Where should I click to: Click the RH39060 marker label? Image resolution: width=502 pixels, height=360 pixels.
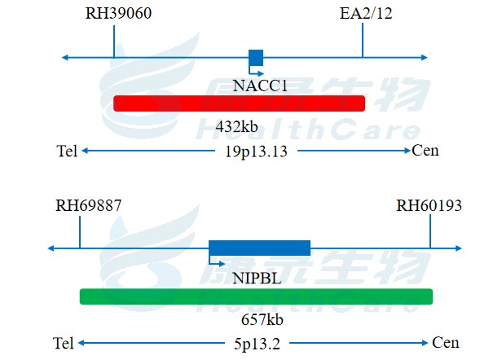click(119, 14)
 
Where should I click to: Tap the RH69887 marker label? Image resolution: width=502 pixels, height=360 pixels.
click(88, 205)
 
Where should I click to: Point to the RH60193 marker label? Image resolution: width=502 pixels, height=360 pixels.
click(429, 205)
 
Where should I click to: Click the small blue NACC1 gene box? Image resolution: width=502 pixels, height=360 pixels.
click(256, 57)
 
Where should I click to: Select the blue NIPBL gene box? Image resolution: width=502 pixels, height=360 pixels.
click(259, 248)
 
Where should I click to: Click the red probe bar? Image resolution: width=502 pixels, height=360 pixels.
click(239, 103)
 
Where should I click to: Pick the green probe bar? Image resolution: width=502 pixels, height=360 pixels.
click(255, 296)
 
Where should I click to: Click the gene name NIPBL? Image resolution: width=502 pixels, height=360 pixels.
click(257, 278)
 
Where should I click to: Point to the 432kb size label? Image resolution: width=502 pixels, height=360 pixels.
click(236, 127)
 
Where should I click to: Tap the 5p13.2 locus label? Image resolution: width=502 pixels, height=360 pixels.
click(257, 343)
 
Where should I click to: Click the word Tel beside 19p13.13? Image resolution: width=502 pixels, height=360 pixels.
click(68, 151)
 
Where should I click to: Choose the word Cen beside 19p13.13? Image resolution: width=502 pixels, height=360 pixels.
click(425, 151)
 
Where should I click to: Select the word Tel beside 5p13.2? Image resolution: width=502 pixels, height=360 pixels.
click(64, 343)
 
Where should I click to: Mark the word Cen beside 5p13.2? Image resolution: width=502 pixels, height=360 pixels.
click(445, 343)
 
